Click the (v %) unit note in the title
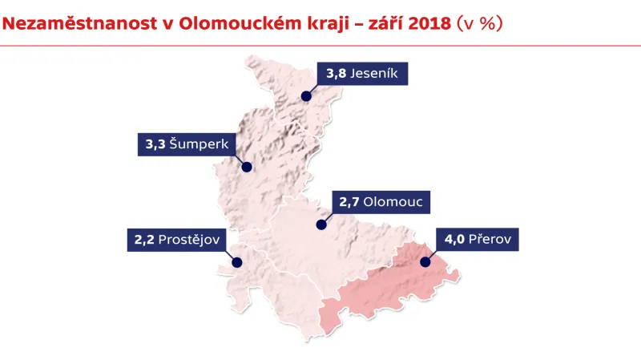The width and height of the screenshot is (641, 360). click(480, 23)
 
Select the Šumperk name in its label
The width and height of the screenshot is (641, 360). click(200, 145)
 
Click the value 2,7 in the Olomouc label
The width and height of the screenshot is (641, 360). click(349, 201)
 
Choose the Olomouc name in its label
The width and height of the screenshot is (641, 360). click(393, 201)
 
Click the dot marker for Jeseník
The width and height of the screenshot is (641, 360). click(306, 96)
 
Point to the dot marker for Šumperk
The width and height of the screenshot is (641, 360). click(247, 168)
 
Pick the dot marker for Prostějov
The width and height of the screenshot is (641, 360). click(236, 261)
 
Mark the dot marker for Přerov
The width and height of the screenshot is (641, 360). click(425, 261)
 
